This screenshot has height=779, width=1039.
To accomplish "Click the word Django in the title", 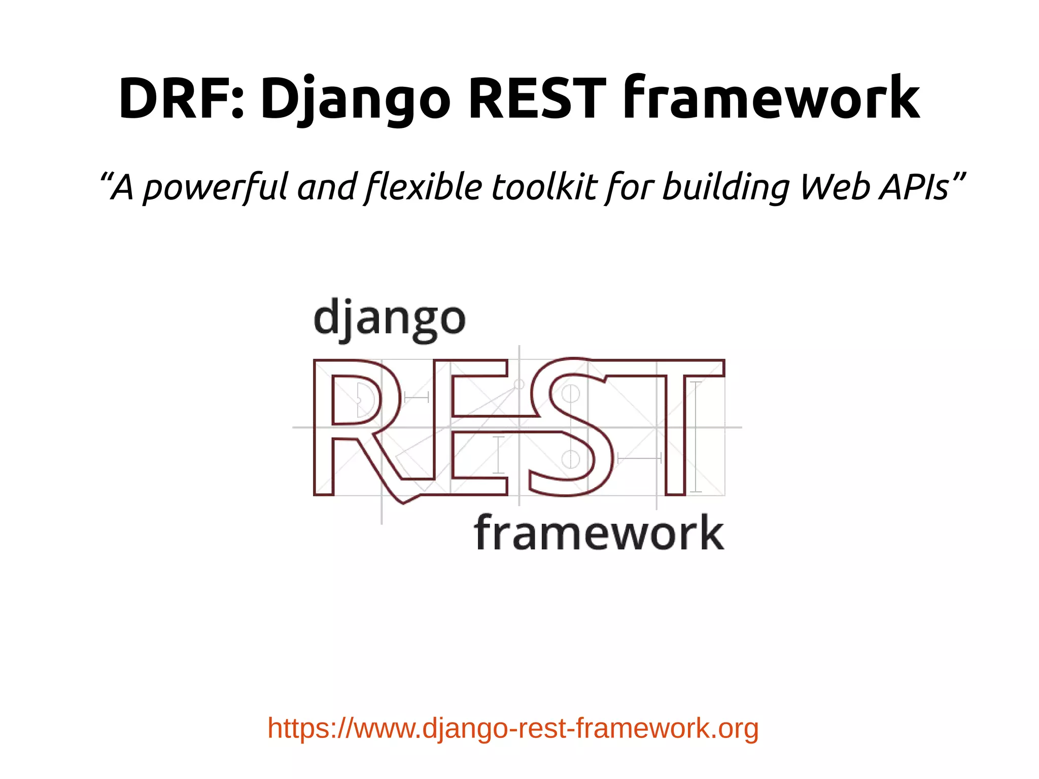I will tap(355, 99).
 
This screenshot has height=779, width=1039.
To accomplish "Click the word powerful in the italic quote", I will tap(215, 187).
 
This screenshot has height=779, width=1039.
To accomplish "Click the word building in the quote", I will tap(726, 187).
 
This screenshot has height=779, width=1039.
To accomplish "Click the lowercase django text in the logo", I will tap(389, 319).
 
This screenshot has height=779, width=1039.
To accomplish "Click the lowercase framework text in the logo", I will tap(599, 532).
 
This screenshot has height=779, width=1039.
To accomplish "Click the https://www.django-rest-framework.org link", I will tap(513, 728).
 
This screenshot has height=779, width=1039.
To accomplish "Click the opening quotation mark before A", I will tap(105, 178).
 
